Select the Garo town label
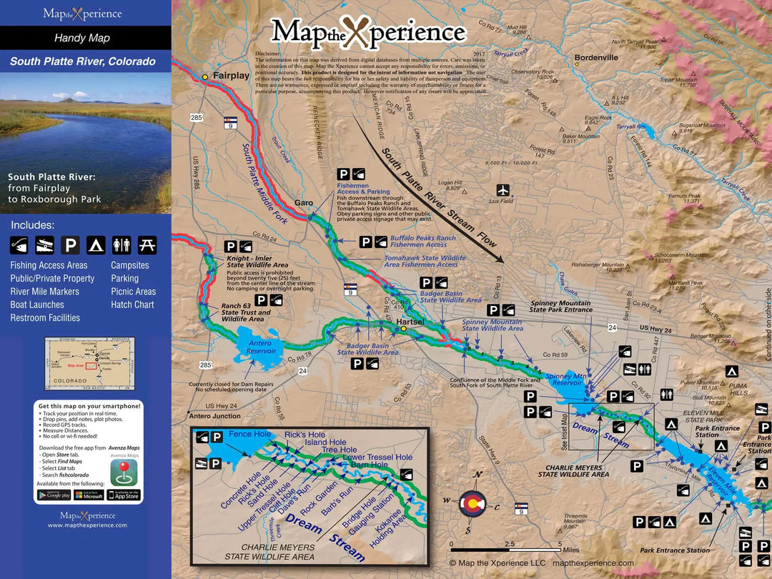(304, 202)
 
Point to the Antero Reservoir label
(260, 347)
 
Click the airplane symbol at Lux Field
(504, 190)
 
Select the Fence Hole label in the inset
(249, 434)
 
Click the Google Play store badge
(54, 495)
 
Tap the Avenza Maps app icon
(124, 472)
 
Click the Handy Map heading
(82, 38)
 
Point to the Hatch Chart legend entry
(132, 305)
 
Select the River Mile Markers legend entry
(44, 292)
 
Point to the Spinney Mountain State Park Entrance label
(560, 307)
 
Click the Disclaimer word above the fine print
(269, 54)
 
